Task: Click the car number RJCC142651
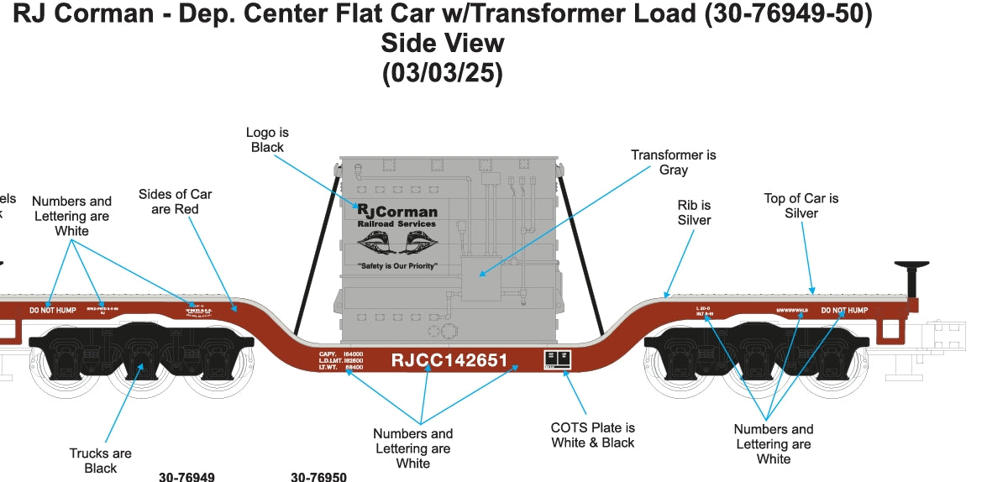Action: (x=449, y=360)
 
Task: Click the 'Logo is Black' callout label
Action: (x=267, y=140)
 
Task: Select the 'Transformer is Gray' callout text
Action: (x=674, y=162)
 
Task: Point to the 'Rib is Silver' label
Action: (x=694, y=212)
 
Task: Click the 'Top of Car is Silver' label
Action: (x=801, y=206)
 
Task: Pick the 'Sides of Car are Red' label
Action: (x=175, y=202)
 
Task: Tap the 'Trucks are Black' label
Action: (x=100, y=461)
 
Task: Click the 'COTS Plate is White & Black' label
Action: (x=592, y=435)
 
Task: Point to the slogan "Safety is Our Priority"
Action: (x=397, y=265)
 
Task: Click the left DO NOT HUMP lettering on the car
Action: (x=52, y=311)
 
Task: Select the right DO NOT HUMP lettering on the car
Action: (x=844, y=311)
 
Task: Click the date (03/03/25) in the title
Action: (x=443, y=74)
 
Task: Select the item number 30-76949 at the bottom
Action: (x=186, y=477)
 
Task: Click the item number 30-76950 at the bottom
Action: (x=318, y=477)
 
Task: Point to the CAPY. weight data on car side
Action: (x=341, y=360)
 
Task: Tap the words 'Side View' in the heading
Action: (x=443, y=44)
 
